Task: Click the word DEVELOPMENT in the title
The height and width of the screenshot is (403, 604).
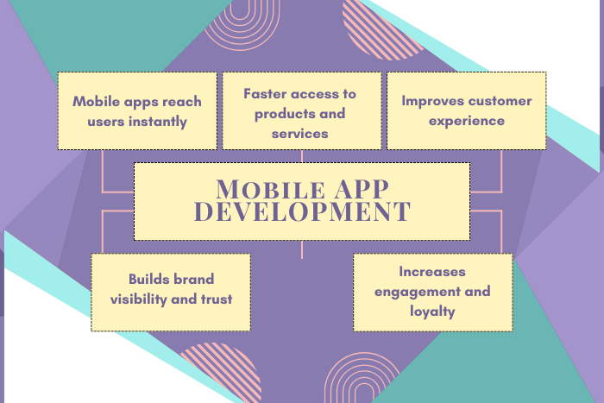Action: [x=302, y=211]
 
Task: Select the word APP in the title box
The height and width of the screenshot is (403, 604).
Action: [x=362, y=189]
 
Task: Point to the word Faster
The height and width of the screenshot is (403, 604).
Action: [x=265, y=93]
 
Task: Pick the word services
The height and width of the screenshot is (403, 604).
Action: [x=299, y=134]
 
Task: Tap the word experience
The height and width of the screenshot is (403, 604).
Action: [x=467, y=122]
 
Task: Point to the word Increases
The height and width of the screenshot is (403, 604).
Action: [x=432, y=272]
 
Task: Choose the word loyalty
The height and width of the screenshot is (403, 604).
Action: [x=432, y=312]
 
